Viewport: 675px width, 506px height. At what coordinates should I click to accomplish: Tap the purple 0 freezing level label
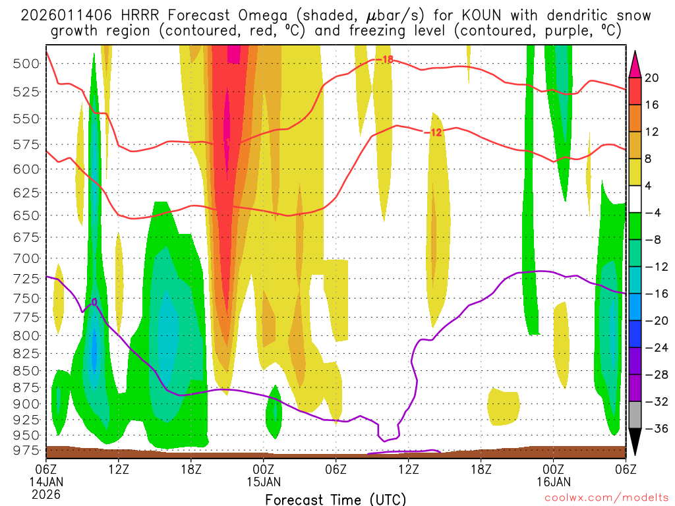pos(94,302)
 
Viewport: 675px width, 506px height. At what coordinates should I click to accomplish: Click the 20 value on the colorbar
pos(652,78)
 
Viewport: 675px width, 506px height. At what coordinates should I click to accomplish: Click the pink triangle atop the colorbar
pos(636,63)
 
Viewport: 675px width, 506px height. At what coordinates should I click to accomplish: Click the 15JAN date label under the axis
pos(264,481)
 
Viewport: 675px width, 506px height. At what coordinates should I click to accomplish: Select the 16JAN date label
pos(553,481)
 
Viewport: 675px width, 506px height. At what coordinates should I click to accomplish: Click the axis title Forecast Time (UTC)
pos(336,499)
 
